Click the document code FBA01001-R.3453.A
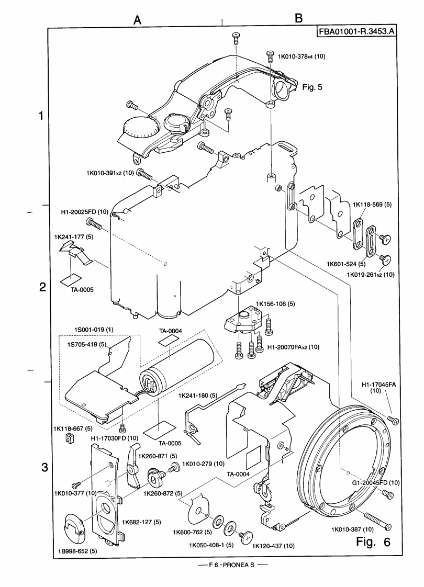pyautogui.click(x=356, y=31)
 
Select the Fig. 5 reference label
pyautogui.click(x=313, y=87)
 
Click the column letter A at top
pyautogui.click(x=138, y=20)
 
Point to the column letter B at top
pyautogui.click(x=299, y=18)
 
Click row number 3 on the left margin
pyautogui.click(x=45, y=467)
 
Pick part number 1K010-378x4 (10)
pyautogui.click(x=301, y=57)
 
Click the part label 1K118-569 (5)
pyautogui.click(x=372, y=205)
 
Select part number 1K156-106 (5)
pyautogui.click(x=276, y=303)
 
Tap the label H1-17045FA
pyautogui.click(x=380, y=385)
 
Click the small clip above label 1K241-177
pyautogui.click(x=77, y=254)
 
